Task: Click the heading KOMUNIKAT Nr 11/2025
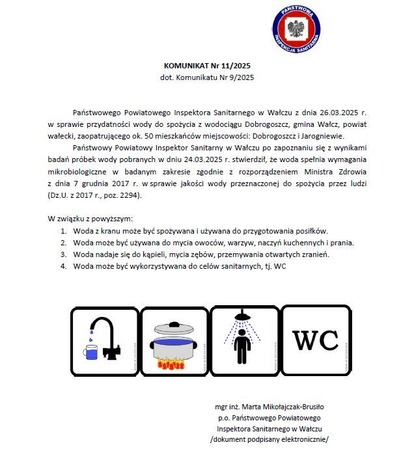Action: point(207,66)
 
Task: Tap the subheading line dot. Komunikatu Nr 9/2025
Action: point(207,77)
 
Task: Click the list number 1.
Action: point(64,231)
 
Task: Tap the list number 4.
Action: point(64,266)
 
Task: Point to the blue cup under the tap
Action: point(92,353)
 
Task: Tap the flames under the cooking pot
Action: point(171,364)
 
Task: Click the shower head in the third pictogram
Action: point(243,318)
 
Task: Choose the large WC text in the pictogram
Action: point(315,340)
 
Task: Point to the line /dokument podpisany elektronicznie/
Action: point(269,439)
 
